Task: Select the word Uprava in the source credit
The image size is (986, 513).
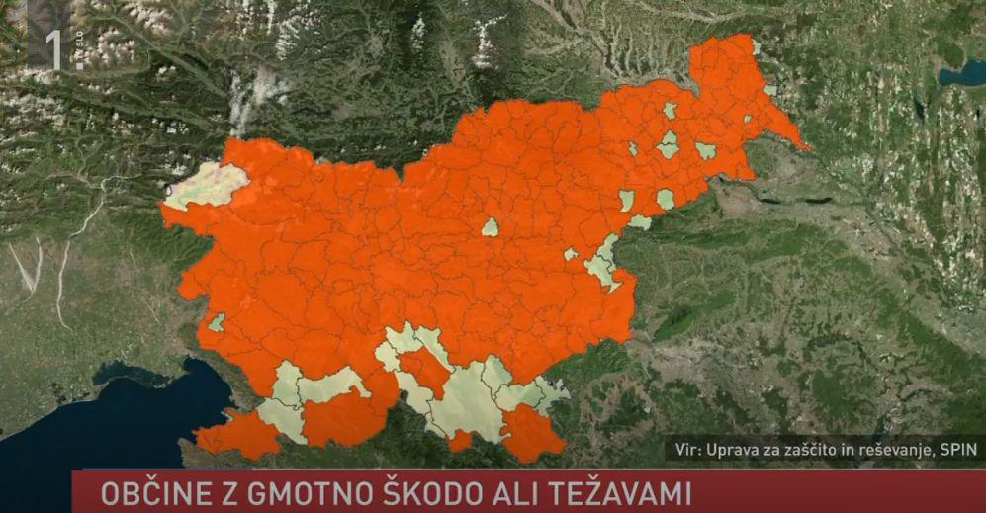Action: (x=733, y=451)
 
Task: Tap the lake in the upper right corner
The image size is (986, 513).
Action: (x=960, y=74)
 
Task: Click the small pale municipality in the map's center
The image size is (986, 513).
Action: (x=491, y=227)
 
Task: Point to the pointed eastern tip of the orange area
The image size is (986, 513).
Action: (x=806, y=148)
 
